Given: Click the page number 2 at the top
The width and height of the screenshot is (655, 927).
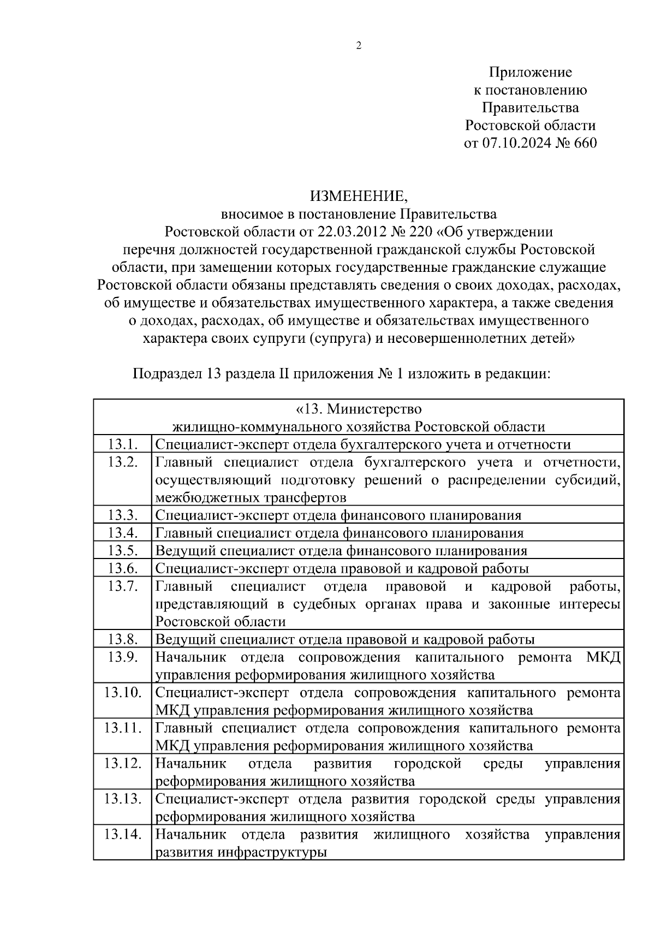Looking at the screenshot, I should tap(359, 46).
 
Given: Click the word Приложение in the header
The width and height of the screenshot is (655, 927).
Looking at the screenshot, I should tap(530, 72).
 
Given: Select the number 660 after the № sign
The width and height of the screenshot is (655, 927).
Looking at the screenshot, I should tap(583, 143).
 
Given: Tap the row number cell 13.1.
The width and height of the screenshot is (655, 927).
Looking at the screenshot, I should tap(122, 444).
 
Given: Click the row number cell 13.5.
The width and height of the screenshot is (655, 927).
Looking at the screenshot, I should tap(122, 550).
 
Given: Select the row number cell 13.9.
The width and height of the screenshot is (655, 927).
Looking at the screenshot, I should tap(122, 657).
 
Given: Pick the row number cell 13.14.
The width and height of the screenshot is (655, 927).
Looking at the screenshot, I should tap(123, 834).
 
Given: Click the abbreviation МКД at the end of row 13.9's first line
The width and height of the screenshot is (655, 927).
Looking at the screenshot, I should tap(604, 657).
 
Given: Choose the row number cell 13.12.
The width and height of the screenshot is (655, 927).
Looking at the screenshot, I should tap(123, 763).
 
